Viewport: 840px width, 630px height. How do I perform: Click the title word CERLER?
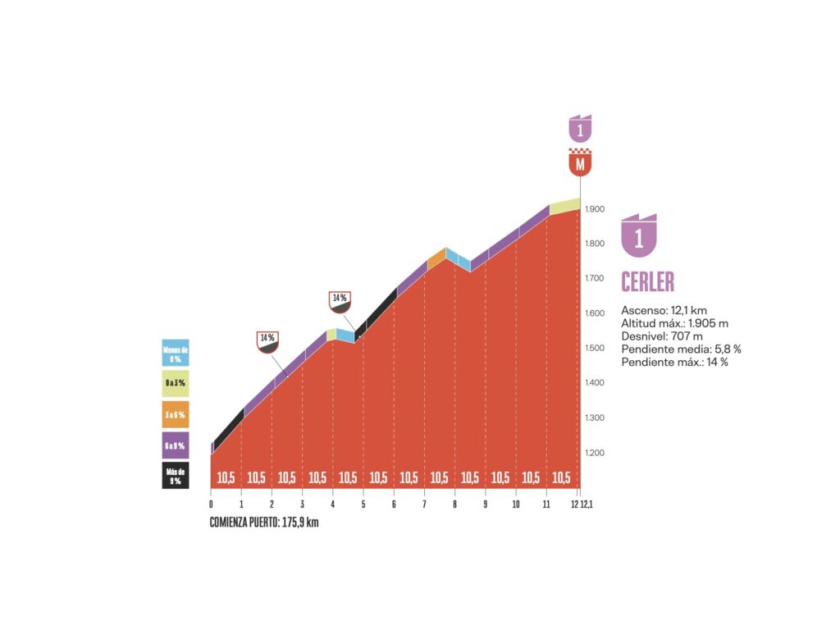point(647,281)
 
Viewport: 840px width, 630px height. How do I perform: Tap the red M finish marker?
point(580,163)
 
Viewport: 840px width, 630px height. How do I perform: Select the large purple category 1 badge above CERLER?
point(639,235)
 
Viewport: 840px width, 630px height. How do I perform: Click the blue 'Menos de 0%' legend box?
point(176,353)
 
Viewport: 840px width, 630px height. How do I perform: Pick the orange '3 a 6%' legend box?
point(176,414)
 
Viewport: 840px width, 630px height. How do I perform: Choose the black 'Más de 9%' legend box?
point(176,476)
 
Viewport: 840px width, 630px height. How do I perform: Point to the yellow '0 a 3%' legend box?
point(176,383)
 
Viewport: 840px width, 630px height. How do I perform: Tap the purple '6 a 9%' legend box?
point(176,445)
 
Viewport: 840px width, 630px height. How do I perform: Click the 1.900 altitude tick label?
point(596,209)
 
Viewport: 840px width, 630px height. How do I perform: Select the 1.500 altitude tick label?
point(596,349)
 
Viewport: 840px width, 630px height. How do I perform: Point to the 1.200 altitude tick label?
point(596,453)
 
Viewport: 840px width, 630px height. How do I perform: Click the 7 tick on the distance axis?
point(424,504)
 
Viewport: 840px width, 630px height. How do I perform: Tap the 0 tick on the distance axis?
point(211,504)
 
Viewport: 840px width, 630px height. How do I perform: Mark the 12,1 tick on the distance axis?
point(587,504)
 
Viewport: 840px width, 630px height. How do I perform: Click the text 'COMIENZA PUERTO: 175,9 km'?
point(263,523)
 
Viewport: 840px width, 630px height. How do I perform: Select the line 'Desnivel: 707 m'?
point(661,336)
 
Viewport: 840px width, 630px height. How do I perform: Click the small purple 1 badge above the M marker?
point(580,129)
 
